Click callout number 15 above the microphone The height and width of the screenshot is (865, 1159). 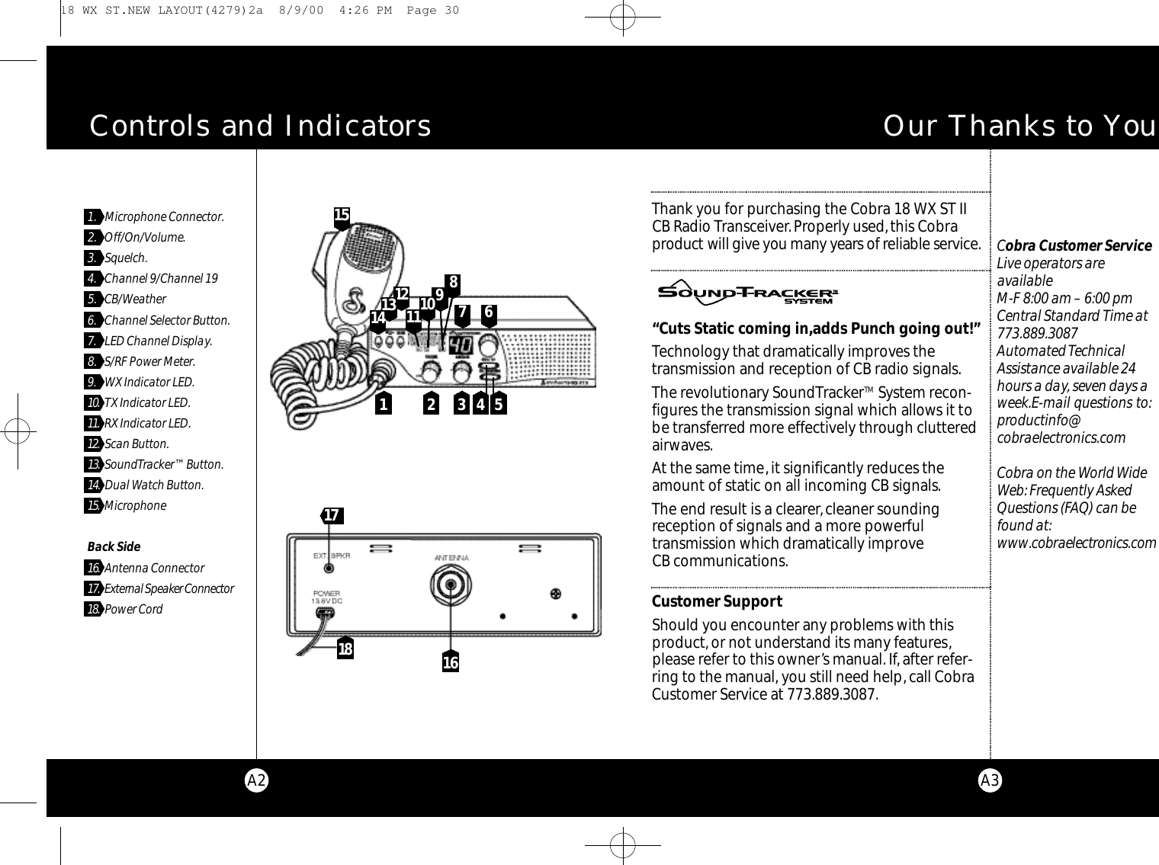click(342, 216)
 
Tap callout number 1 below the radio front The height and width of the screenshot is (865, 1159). click(382, 405)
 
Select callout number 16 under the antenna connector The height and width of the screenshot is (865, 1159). click(451, 663)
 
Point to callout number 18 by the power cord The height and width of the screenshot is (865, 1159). click(345, 649)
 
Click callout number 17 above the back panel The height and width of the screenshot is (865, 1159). click(331, 516)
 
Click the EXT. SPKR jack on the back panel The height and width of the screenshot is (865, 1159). click(329, 568)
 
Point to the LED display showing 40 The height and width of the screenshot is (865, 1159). click(460, 345)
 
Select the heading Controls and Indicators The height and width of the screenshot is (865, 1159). click(260, 127)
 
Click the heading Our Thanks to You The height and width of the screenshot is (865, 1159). click(1019, 127)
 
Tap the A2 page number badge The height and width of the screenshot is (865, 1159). click(257, 780)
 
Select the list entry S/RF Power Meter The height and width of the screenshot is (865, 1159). click(149, 361)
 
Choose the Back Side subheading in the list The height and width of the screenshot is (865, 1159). click(114, 546)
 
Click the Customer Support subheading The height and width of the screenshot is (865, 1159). click(717, 601)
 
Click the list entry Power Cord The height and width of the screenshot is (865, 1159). click(133, 609)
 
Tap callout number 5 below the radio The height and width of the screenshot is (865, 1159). click(498, 405)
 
